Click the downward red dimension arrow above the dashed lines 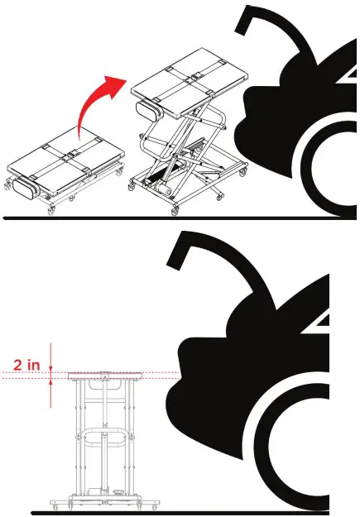click(x=51, y=355)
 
